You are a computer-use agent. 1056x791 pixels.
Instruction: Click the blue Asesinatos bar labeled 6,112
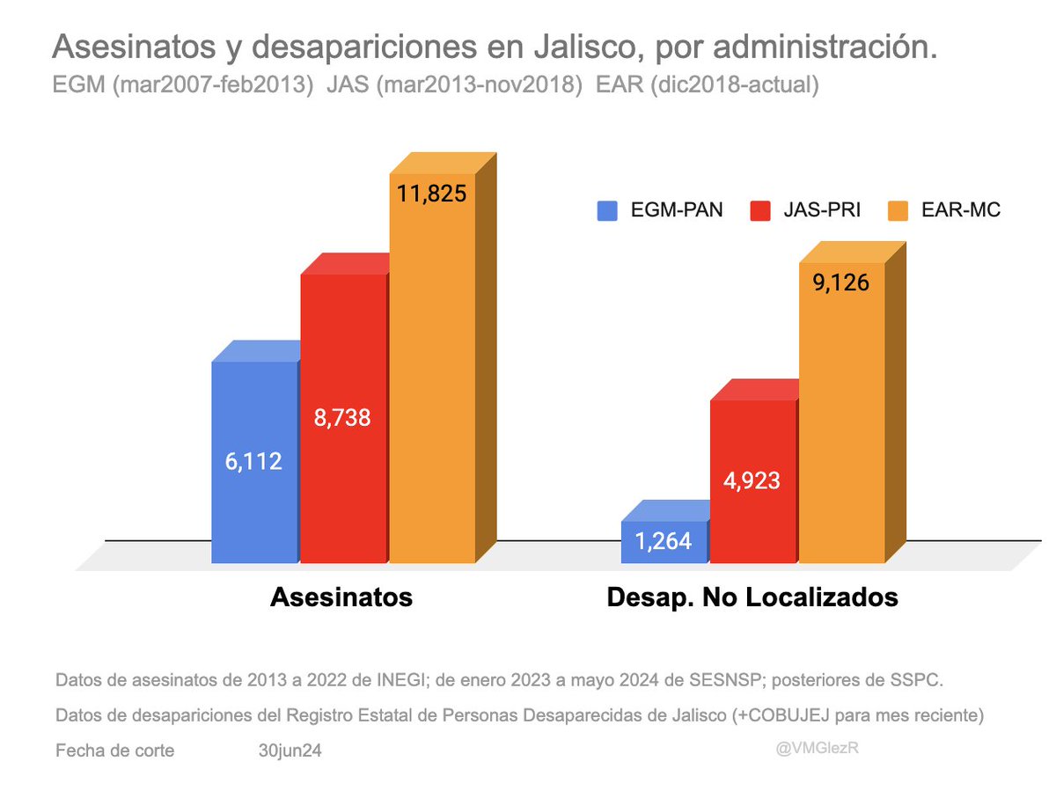(x=254, y=462)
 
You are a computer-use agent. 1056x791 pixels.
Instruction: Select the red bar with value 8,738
(x=342, y=418)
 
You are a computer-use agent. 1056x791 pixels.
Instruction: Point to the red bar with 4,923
(x=753, y=481)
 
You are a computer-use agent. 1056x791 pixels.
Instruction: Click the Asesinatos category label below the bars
(x=341, y=597)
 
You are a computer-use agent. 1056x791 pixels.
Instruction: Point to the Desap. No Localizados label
(x=752, y=597)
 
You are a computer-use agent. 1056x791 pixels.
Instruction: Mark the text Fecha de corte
(x=114, y=751)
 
